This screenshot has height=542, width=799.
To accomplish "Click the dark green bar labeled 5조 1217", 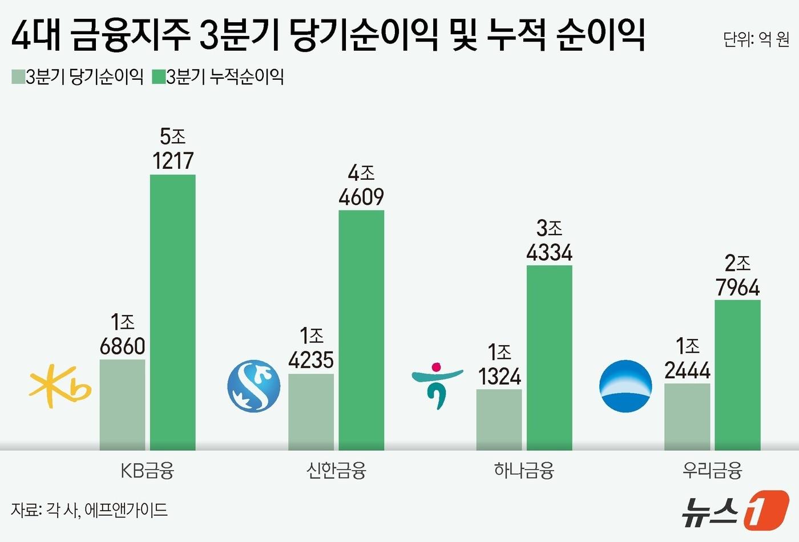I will pyautogui.click(x=172, y=312).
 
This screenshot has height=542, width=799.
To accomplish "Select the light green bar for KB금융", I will pyautogui.click(x=122, y=405).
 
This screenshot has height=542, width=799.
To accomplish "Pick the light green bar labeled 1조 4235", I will pyautogui.click(x=311, y=411).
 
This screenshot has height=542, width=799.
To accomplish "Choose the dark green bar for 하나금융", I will pyautogui.click(x=549, y=358).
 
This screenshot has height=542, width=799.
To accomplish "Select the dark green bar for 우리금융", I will pyautogui.click(x=737, y=375).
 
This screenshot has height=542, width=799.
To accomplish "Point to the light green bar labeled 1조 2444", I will pyautogui.click(x=687, y=416).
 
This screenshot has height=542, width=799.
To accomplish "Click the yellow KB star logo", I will pyautogui.click(x=59, y=386).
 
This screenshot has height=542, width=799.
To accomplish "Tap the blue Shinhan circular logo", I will pyautogui.click(x=254, y=386).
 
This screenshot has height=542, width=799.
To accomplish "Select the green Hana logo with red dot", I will pyautogui.click(x=437, y=385).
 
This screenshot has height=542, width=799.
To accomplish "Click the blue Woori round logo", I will pyautogui.click(x=626, y=386).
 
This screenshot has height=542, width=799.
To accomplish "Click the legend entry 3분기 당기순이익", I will pyautogui.click(x=78, y=76).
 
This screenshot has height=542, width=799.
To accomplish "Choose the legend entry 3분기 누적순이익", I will pyautogui.click(x=218, y=76).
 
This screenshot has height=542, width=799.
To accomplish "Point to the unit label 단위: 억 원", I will pyautogui.click(x=756, y=39).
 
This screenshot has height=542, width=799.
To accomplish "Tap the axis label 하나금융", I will pyautogui.click(x=524, y=471).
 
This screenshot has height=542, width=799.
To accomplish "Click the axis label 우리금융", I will pyautogui.click(x=712, y=471).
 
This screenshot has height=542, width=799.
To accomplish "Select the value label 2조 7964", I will pyautogui.click(x=737, y=276).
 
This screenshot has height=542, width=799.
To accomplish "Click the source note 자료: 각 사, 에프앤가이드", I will pyautogui.click(x=90, y=509).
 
